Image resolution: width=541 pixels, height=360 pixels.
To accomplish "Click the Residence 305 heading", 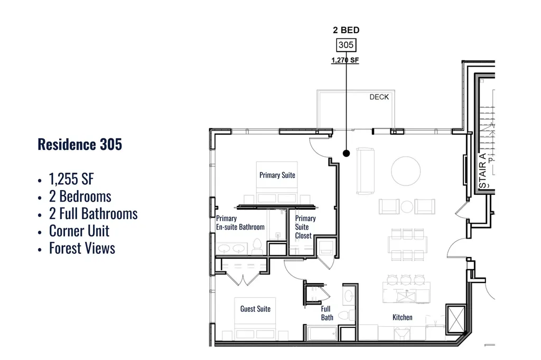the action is (x=80, y=145).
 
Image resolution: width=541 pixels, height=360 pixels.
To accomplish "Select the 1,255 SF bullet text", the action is (x=71, y=179).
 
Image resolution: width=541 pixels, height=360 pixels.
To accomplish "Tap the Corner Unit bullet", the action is (x=79, y=231).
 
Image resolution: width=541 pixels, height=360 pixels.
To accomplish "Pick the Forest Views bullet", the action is (x=82, y=248).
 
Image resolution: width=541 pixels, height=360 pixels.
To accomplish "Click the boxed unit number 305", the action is (x=346, y=45).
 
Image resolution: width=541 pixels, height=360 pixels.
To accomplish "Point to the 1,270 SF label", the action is (x=345, y=60).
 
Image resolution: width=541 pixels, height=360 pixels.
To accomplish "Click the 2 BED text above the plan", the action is (x=346, y=30).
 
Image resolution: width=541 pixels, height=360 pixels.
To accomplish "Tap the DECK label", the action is (x=379, y=97).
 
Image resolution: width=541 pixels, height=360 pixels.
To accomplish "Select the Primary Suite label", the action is (x=277, y=175).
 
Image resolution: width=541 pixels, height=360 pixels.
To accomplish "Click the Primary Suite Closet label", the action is (x=305, y=227).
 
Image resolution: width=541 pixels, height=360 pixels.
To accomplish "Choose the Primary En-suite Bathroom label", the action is (x=240, y=223).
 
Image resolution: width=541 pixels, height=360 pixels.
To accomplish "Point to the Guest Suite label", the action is (x=255, y=309).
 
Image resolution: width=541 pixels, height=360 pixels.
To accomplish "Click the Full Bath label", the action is (x=327, y=313).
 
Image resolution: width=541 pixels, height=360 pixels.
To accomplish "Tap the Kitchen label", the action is (x=402, y=317).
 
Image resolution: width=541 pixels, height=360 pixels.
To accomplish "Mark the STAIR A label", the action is (x=483, y=170).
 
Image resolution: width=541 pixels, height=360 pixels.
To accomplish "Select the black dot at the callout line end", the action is (x=347, y=153).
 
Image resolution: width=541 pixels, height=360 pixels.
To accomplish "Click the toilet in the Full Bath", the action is (x=347, y=315).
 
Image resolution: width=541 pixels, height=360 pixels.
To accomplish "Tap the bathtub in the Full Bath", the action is (x=322, y=334).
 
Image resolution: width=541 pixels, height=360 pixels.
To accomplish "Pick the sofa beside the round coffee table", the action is (x=366, y=170).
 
